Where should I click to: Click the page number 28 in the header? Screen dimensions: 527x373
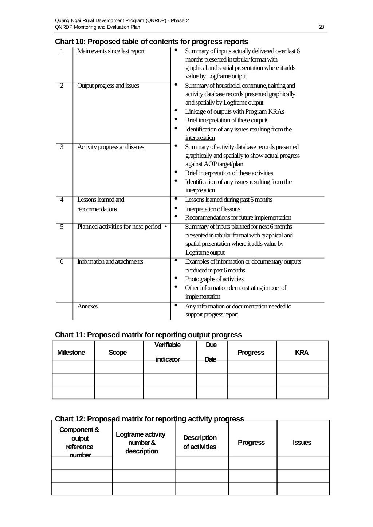(x=321, y=27)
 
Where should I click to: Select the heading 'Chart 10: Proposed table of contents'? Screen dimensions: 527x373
(x=151, y=42)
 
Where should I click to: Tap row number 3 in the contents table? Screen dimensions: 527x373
(x=62, y=147)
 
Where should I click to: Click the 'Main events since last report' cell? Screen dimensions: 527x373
(x=111, y=51)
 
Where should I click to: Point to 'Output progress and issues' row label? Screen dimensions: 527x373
(x=108, y=86)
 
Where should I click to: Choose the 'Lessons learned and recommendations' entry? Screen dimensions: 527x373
(x=101, y=204)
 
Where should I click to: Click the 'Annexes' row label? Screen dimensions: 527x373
(x=87, y=306)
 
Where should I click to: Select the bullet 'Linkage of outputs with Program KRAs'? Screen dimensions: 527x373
(x=235, y=111)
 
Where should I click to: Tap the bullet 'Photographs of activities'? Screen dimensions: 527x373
(x=214, y=279)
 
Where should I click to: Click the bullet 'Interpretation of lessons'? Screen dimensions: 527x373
(x=213, y=209)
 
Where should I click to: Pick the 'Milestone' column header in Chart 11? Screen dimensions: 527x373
(x=71, y=353)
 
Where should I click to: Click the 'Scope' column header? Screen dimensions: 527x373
(x=118, y=353)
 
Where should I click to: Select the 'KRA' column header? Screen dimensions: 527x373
(x=302, y=353)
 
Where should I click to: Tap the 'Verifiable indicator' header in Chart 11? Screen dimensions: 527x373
(x=168, y=352)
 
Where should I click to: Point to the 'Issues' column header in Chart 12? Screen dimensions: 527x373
(x=302, y=443)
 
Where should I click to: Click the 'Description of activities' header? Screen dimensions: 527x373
(x=200, y=442)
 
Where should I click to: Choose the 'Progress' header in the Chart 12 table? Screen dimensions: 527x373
(x=251, y=443)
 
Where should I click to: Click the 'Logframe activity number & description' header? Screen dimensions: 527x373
(x=141, y=443)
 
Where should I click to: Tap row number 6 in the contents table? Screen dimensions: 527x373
(x=62, y=261)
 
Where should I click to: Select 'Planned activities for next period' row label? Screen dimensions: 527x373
(x=119, y=227)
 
